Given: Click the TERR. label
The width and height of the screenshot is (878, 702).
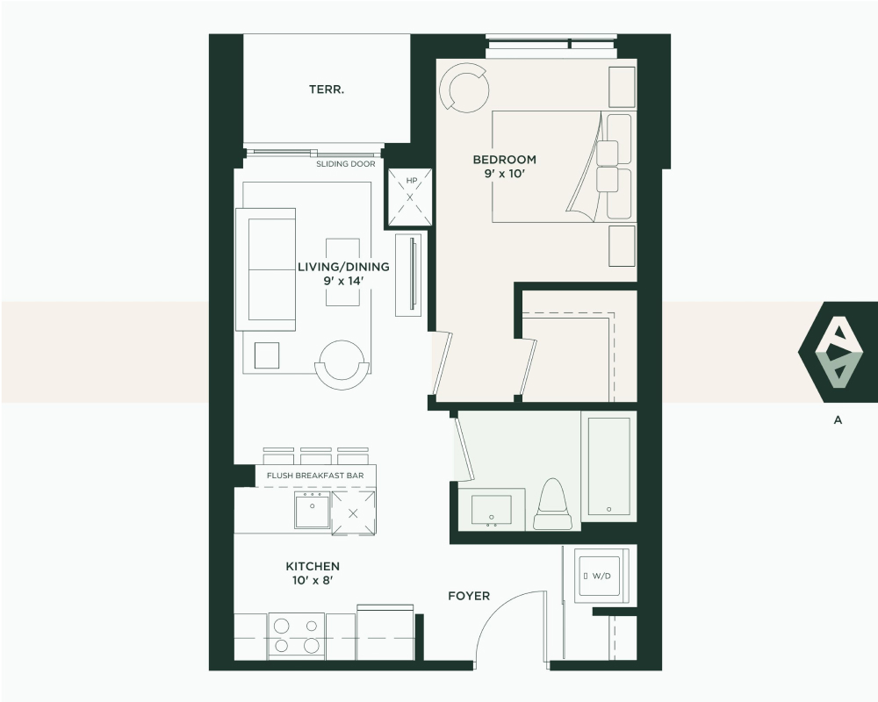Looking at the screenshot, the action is point(327,90).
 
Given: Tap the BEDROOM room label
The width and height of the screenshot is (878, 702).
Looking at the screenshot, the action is point(505,160).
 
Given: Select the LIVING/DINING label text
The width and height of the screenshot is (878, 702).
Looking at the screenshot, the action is point(343,267).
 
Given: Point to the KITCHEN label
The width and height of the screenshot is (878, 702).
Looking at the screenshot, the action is point(313,567).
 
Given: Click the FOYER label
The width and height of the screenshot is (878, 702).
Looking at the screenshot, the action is point(469,596).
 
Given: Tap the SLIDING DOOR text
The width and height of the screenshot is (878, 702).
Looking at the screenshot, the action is point(345,164).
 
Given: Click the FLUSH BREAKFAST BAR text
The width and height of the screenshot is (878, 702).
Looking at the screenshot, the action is point(315,476).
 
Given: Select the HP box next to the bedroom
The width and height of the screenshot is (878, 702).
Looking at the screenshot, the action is point(410,197).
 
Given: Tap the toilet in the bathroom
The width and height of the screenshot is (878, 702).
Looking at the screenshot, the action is point(553,504).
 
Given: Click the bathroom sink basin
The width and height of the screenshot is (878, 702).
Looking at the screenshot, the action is point(491,511).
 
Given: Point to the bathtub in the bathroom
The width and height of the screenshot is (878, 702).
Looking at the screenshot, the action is point(608,466).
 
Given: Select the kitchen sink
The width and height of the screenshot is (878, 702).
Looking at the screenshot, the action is point(313,510).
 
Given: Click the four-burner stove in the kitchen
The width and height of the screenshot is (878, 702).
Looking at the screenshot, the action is point(296,635).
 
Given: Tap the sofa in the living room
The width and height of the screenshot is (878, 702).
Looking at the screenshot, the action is point(265,269).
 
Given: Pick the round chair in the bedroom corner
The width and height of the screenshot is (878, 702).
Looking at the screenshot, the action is point(464,88).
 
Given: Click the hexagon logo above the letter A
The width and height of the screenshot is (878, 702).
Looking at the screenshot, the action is point(838,352).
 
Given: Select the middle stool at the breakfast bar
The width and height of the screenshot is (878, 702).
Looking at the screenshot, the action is point(316,455).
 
